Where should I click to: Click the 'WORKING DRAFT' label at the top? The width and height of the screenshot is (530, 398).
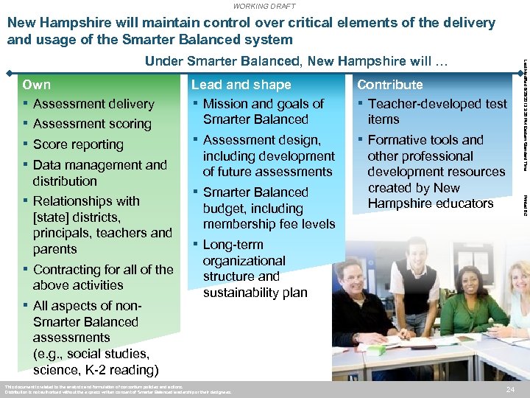264,6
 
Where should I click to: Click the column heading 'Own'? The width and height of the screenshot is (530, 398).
37,85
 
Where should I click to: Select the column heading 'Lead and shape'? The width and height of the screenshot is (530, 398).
241,85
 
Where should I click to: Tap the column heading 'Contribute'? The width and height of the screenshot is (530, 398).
389,85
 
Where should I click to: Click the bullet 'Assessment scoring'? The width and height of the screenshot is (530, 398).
92,124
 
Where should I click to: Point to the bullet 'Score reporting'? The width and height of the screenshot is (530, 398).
78,144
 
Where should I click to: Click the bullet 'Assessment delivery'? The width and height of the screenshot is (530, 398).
93,104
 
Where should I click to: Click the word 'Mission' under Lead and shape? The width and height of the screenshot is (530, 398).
227,104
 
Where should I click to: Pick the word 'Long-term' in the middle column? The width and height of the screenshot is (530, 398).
233,245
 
